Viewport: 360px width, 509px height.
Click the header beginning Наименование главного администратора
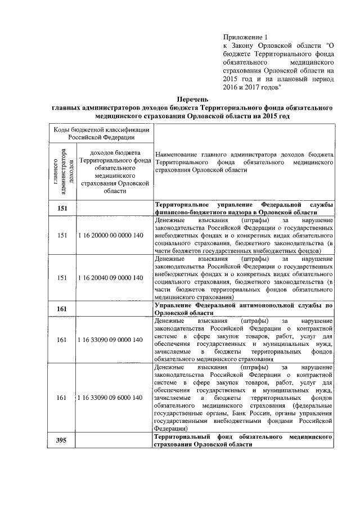tap(244, 161)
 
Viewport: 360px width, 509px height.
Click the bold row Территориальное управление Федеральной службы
tap(244, 209)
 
